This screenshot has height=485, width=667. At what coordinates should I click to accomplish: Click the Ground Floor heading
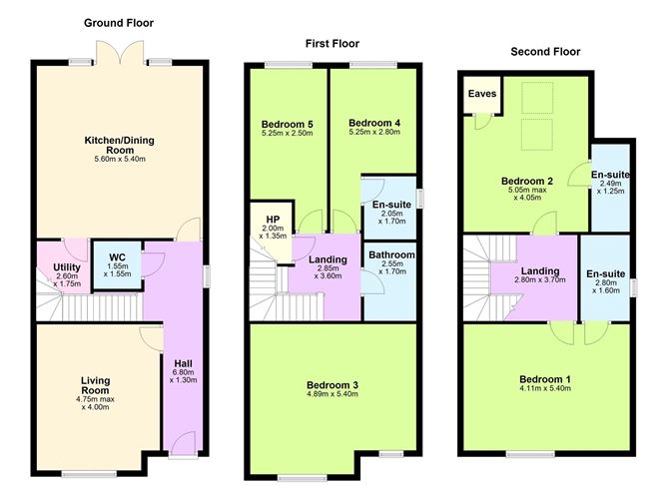coord(119,22)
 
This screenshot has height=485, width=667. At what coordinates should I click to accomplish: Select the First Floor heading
coord(333,43)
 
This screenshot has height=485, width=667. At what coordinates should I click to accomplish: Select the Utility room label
coord(67,268)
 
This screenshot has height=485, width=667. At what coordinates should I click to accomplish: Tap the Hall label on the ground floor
coord(183,362)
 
